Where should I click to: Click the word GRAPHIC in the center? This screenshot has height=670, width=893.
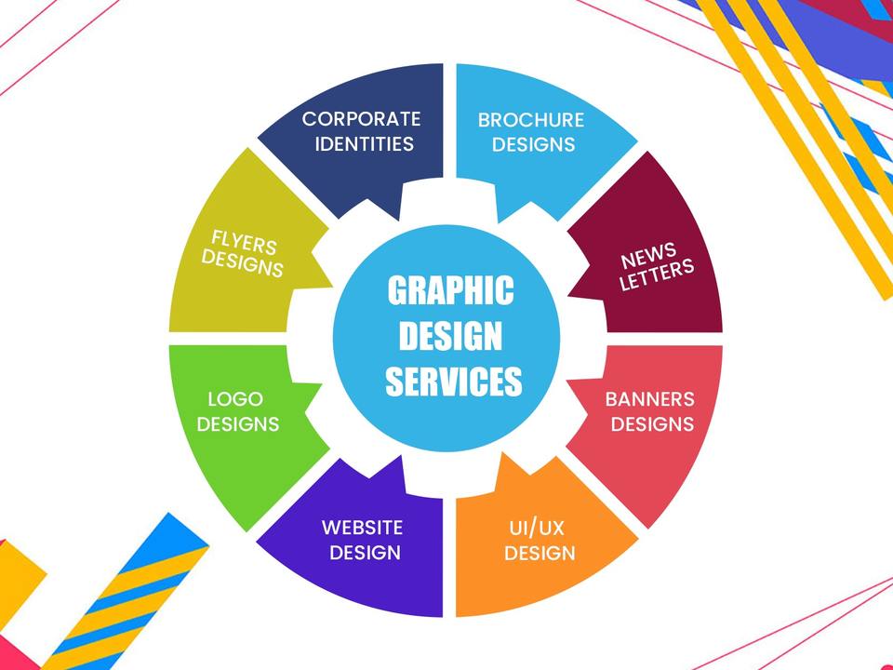point(450,290)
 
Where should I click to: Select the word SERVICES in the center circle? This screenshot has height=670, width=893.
point(454,382)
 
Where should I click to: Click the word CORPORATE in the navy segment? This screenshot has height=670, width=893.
point(361,119)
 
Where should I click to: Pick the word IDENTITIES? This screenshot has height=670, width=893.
point(364,144)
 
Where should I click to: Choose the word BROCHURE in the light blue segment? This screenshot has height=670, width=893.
point(531,120)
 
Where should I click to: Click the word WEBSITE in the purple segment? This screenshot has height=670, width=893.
point(363,528)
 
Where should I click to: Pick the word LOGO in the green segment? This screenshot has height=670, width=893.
point(235,399)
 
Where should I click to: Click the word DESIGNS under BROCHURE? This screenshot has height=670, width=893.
point(533,145)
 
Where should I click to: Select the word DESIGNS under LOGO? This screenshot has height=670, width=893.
point(239,424)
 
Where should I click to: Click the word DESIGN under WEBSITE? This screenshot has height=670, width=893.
point(366,553)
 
